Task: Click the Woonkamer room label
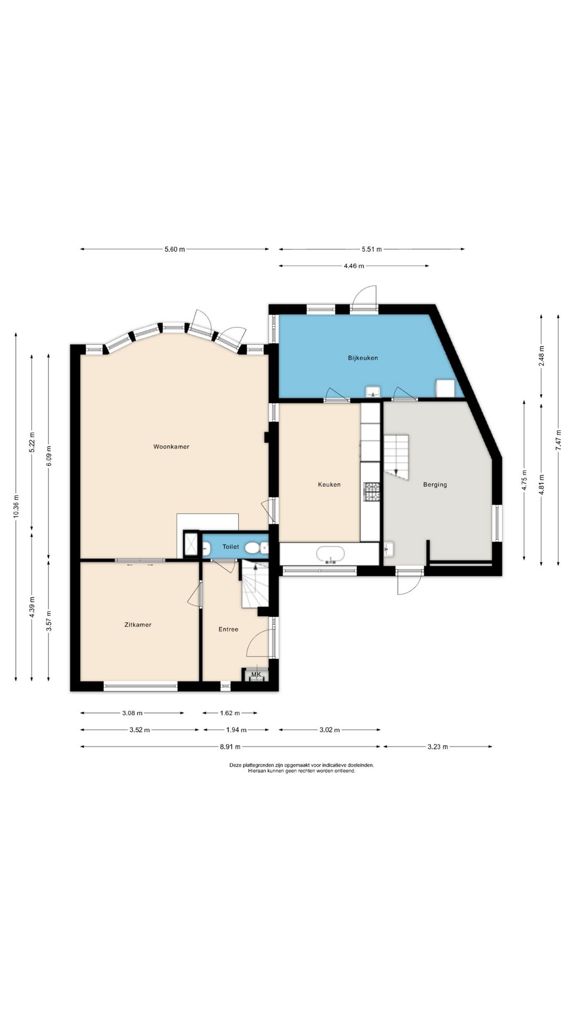[171, 447]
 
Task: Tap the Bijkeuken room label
[363, 358]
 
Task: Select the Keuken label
[329, 484]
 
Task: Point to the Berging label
[435, 484]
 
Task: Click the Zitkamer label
[138, 625]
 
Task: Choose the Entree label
[229, 630]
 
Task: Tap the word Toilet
[231, 547]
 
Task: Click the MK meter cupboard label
[256, 675]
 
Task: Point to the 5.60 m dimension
[175, 249]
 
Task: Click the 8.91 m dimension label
[230, 746]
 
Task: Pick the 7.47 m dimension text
[558, 440]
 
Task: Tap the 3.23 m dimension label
[437, 746]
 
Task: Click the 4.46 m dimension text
[354, 266]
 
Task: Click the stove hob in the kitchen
[372, 491]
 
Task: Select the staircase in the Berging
[396, 457]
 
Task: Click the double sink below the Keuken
[330, 554]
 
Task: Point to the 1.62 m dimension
[230, 713]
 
